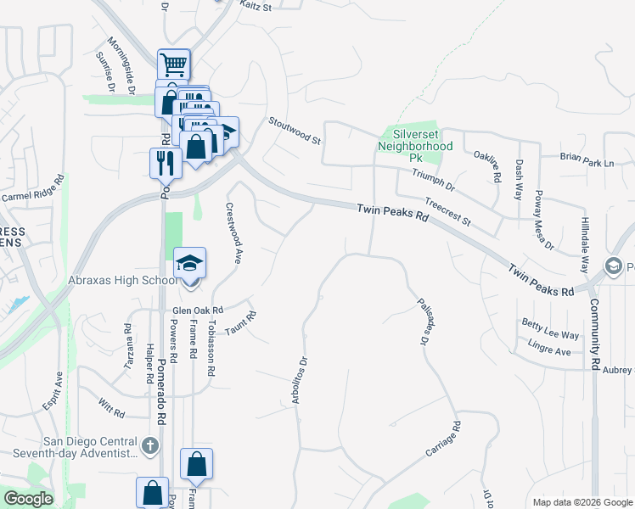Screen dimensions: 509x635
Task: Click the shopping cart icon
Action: click(173, 64)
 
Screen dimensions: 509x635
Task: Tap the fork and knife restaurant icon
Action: click(165, 162)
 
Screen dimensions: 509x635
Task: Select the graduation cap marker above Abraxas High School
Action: click(190, 262)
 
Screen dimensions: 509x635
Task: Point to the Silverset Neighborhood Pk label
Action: click(415, 146)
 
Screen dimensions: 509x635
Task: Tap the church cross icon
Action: click(149, 445)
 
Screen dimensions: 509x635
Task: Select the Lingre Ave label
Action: click(548, 347)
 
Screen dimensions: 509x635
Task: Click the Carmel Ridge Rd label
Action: click(33, 188)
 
